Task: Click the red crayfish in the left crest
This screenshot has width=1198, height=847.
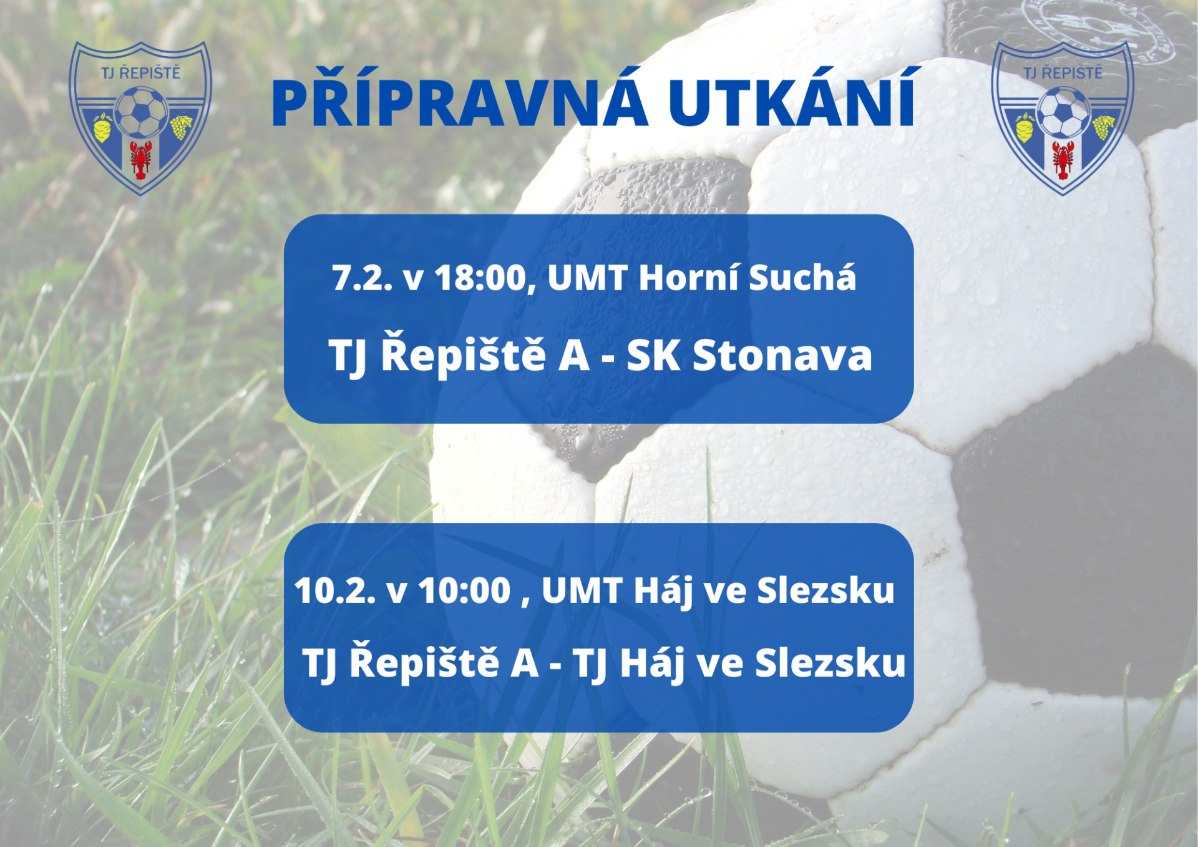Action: coord(140,159)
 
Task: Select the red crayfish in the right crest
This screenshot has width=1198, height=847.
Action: coord(1063,159)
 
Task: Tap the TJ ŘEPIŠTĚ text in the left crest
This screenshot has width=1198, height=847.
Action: coord(141,72)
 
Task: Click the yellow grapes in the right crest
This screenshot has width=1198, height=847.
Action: coord(1103,126)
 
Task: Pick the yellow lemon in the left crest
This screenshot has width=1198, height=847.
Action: coord(102,127)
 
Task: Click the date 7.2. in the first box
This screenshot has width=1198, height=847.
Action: coord(363,278)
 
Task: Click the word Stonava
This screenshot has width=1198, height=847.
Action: coord(782,355)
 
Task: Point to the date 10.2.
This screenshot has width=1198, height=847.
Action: coord(335,590)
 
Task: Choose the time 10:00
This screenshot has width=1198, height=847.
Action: coord(465,590)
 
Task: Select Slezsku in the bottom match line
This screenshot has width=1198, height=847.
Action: coord(830,662)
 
